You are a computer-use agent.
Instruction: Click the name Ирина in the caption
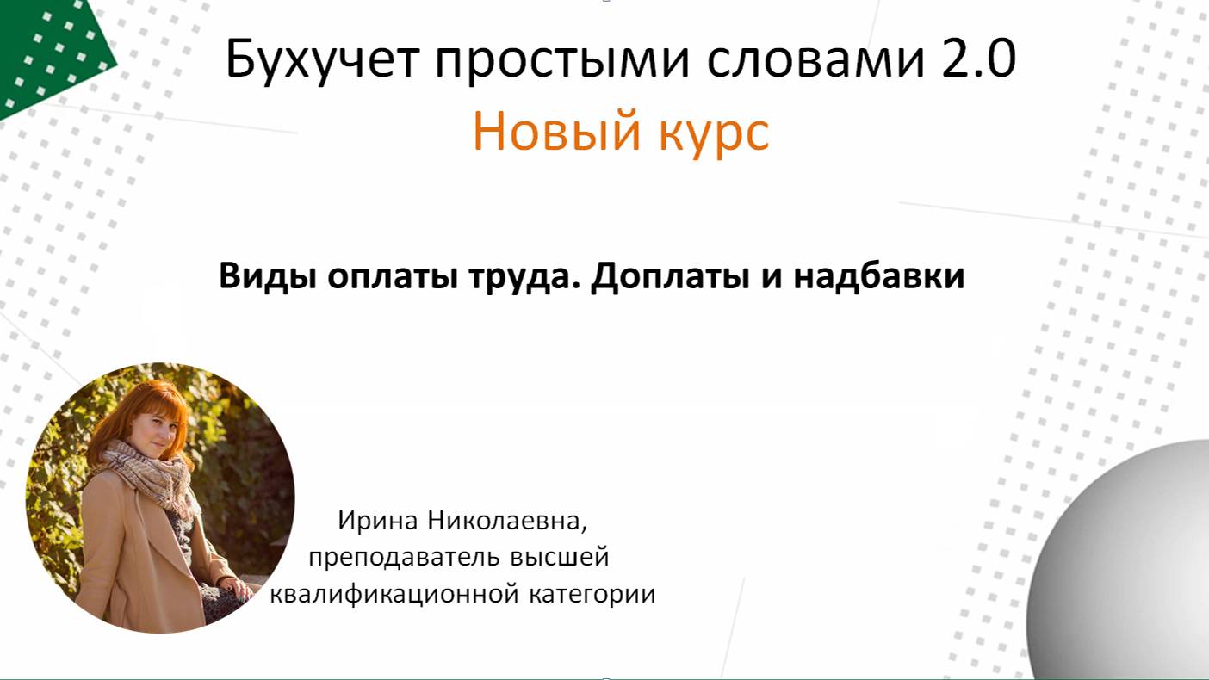point(372,522)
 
